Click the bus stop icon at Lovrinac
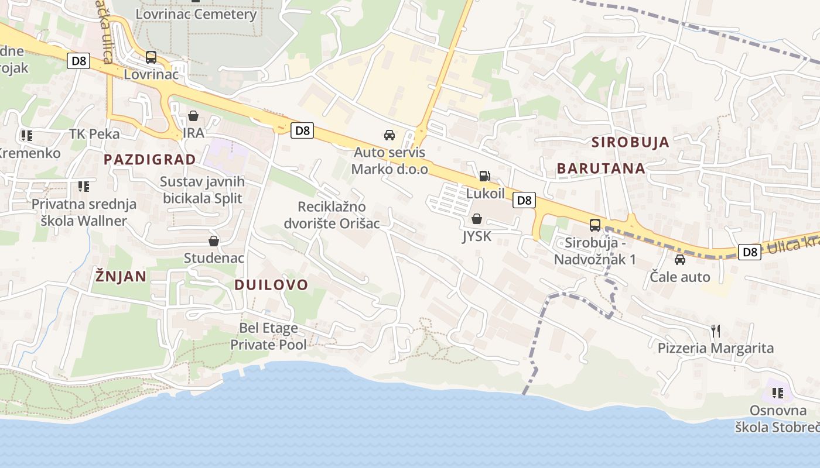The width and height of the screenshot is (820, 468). tap(151, 57)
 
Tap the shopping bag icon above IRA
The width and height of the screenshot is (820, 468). tap(193, 116)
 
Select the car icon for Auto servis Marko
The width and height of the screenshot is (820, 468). tap(389, 135)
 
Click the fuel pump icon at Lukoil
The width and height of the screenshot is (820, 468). tap(485, 175)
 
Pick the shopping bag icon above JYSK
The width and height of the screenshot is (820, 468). tap(477, 219)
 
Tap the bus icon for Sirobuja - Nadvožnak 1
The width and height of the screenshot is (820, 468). tap(595, 225)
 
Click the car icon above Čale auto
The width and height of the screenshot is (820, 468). tap(680, 259)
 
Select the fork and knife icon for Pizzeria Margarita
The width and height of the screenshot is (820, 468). tap(715, 331)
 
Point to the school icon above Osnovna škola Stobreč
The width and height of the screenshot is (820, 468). tap(778, 393)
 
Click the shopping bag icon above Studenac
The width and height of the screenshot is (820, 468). tap(214, 241)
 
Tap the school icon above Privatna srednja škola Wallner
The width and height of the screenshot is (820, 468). tap(84, 187)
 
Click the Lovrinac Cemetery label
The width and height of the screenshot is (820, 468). tap(196, 14)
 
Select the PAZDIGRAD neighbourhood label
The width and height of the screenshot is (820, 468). tap(150, 160)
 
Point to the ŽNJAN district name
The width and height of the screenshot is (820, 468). tap(121, 276)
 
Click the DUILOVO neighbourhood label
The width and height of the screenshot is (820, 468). tap(271, 285)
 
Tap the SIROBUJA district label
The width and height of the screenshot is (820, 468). tap(630, 142)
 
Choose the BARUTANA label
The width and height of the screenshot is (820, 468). tap(601, 168)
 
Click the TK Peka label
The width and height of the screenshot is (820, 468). tap(94, 134)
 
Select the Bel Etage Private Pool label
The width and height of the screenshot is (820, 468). tap(268, 336)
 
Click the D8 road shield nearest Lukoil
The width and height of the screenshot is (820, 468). tap(524, 200)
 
